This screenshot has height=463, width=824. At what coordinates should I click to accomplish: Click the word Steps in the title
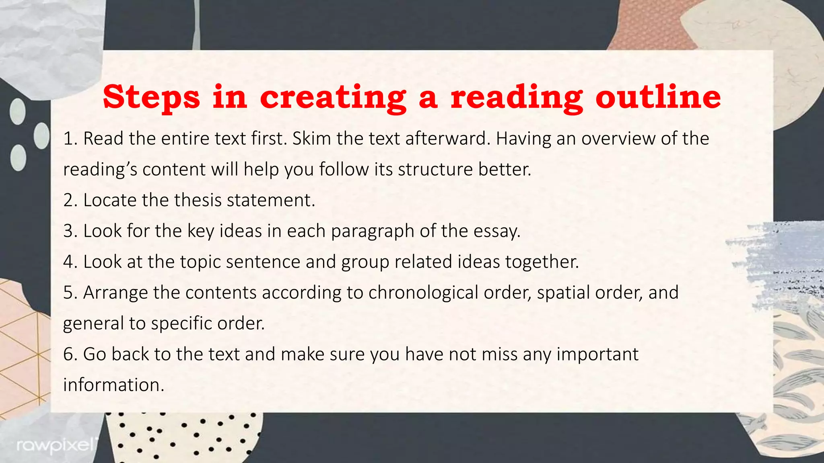pyautogui.click(x=151, y=97)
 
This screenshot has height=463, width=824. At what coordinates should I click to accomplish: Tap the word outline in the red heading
pyautogui.click(x=658, y=97)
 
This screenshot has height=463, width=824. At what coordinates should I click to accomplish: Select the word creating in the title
pyautogui.click(x=333, y=97)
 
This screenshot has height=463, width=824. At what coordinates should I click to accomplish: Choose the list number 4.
pyautogui.click(x=70, y=262)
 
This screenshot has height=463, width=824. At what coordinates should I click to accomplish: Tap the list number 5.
pyautogui.click(x=70, y=293)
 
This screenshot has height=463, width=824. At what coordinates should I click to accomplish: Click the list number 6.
pyautogui.click(x=70, y=354)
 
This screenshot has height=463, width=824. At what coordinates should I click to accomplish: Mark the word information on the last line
pyautogui.click(x=113, y=385)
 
